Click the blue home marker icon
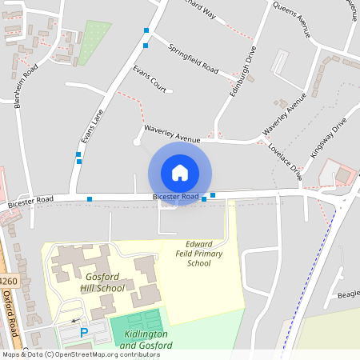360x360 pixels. (x=180, y=173)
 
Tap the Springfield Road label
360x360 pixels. (x=194, y=58)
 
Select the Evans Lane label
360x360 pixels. (x=93, y=127)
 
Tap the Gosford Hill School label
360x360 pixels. (x=103, y=282)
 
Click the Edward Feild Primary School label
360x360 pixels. (x=198, y=253)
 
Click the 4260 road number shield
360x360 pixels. (x=8, y=281)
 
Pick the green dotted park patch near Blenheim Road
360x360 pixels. (x=94, y=42)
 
